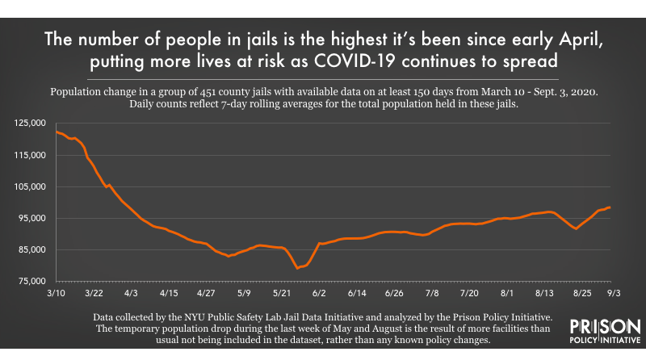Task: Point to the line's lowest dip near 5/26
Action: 297,267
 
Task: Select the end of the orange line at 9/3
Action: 610,207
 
